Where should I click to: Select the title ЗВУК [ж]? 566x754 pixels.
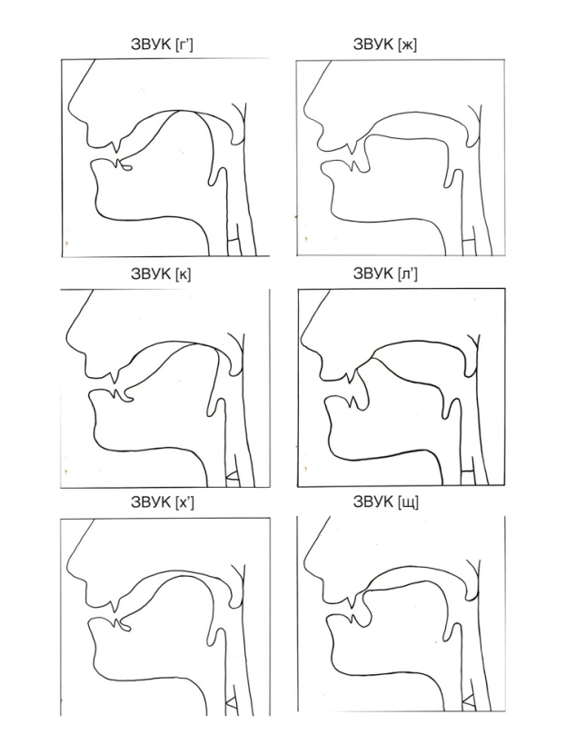point(385,45)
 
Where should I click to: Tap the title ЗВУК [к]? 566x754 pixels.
point(161,273)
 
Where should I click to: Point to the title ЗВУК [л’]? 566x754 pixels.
point(385,273)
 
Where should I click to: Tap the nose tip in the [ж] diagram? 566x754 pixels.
point(304,110)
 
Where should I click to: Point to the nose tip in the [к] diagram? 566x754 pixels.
point(68,338)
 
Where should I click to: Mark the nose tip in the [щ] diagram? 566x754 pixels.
point(305,567)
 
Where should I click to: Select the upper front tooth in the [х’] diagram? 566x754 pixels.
point(115,606)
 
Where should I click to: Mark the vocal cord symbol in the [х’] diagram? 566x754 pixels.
point(232,703)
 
